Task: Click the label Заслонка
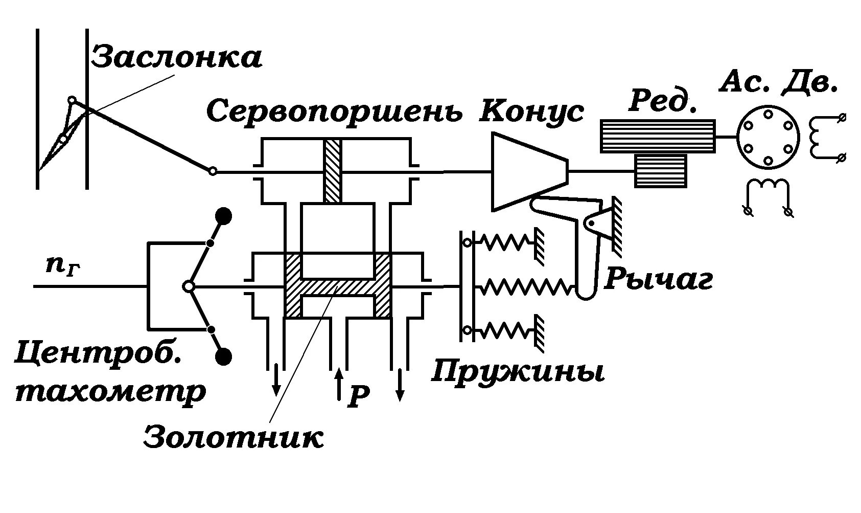tap(177, 57)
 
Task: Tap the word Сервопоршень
tap(335, 111)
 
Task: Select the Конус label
tap(531, 111)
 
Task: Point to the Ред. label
tap(663, 100)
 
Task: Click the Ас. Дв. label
tap(778, 81)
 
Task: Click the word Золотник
tap(234, 436)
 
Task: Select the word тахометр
tap(110, 392)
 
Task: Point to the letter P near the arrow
tap(358, 397)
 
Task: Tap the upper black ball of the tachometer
tap(223, 216)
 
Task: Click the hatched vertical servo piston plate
tap(332, 171)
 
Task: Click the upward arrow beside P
tap(338, 384)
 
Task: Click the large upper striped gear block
tap(658, 136)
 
